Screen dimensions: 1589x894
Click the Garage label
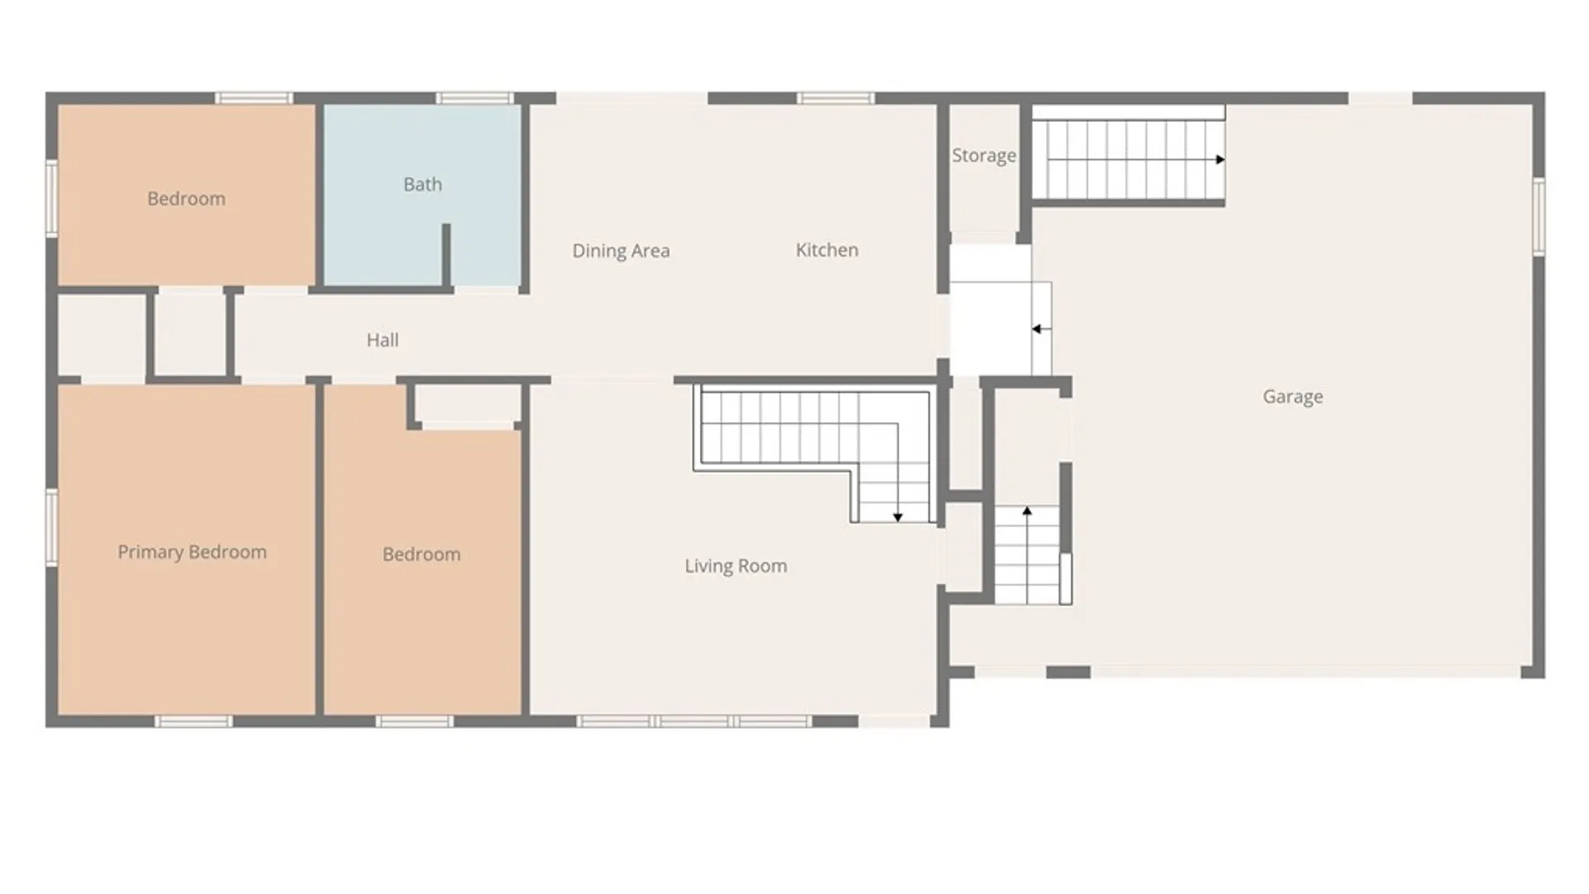(x=1293, y=397)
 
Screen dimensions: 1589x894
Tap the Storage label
(x=983, y=156)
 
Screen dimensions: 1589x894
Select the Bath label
(x=422, y=184)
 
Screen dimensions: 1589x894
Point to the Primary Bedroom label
(x=192, y=552)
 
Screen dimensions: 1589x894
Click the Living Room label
(x=736, y=566)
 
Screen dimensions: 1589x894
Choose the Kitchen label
(x=827, y=250)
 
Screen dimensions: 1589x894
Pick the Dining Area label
(x=621, y=251)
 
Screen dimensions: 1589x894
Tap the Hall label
(x=382, y=339)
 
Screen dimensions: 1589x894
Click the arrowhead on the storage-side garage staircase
(x=1220, y=159)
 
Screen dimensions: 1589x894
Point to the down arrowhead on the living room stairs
(x=897, y=517)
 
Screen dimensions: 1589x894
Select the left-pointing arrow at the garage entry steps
(x=1041, y=329)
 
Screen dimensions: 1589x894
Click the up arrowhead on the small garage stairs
(x=1027, y=512)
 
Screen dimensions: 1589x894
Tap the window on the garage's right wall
(x=1539, y=217)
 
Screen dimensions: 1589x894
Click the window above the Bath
(x=475, y=99)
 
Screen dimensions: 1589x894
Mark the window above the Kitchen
(x=836, y=99)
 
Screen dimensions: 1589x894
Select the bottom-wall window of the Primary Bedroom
(x=194, y=722)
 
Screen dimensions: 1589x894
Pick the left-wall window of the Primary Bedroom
(x=51, y=527)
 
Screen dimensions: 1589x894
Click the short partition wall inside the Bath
(x=446, y=256)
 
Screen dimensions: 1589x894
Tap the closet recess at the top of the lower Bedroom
(x=467, y=406)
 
